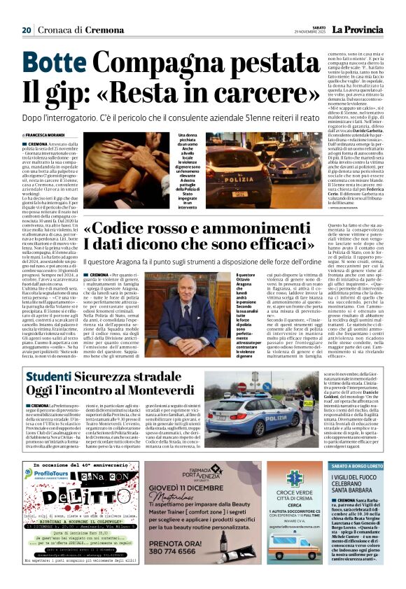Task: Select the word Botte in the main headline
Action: pos(48,61)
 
